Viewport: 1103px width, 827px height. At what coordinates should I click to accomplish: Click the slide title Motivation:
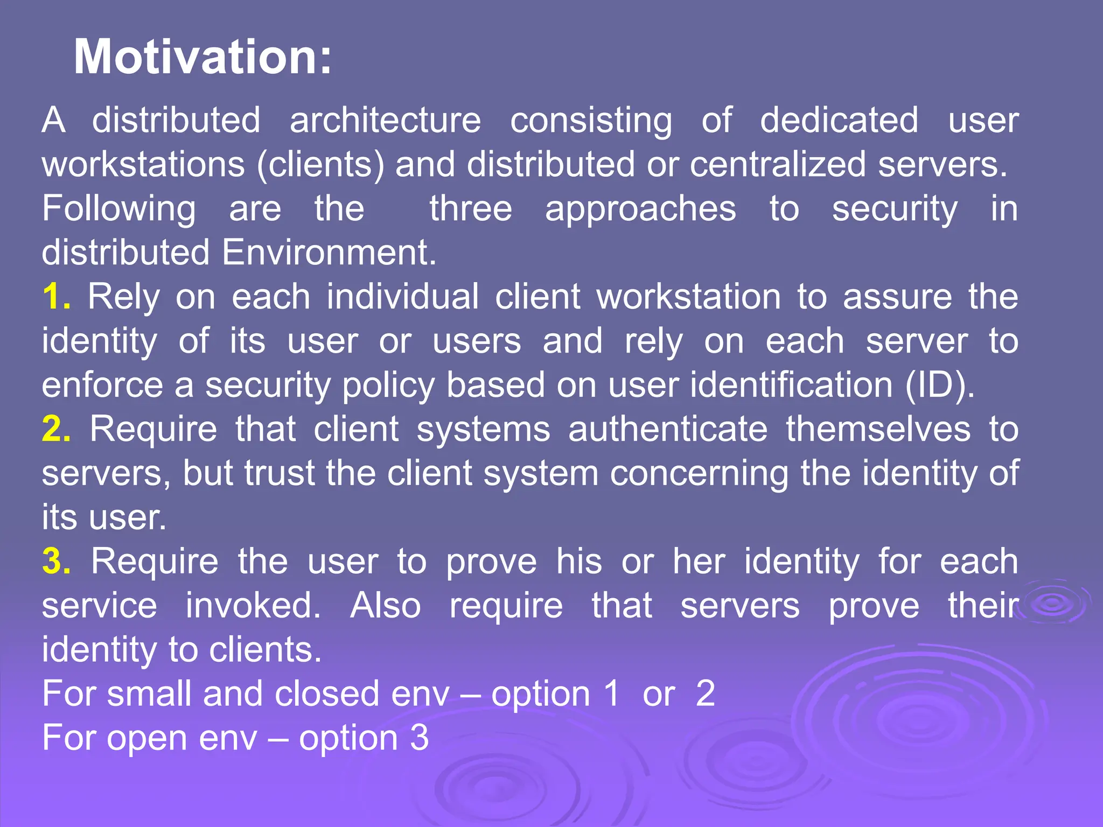(x=203, y=57)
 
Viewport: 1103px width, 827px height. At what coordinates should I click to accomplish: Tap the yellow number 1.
(x=55, y=297)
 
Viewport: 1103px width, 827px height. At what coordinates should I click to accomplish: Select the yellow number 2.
(x=55, y=429)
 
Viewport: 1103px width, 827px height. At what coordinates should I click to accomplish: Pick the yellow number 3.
(x=55, y=562)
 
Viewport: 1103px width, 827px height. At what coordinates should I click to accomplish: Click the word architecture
(x=385, y=121)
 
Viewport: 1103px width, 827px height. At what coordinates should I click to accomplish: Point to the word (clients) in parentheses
(x=320, y=165)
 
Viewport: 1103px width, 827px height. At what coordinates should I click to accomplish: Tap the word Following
(x=119, y=209)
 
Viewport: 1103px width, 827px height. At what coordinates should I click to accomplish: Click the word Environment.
(x=329, y=253)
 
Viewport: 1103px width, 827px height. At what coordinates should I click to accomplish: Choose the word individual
(x=402, y=297)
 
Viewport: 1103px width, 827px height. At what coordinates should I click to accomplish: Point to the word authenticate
(x=668, y=429)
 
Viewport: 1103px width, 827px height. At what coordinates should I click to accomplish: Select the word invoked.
(x=253, y=606)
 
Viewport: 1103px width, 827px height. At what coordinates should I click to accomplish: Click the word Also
(x=385, y=606)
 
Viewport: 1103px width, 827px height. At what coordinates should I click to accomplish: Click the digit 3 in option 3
(x=419, y=738)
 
